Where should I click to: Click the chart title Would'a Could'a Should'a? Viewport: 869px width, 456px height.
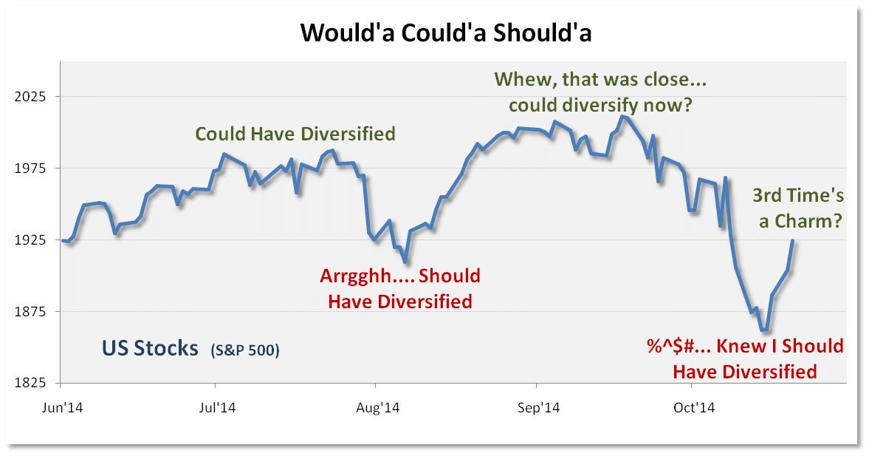coord(446,33)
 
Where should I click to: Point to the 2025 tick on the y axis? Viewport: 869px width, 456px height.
coord(30,97)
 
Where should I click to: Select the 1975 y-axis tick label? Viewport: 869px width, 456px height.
coord(30,168)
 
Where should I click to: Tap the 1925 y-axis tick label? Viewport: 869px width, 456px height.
coord(30,239)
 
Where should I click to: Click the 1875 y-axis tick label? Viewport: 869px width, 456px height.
coord(30,311)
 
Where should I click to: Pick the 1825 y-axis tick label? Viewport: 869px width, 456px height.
coord(30,383)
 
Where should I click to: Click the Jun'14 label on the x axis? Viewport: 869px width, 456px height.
coord(63,408)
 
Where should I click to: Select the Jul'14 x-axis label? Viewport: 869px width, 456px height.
coord(216,408)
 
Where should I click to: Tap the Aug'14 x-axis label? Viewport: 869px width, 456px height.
coord(377,408)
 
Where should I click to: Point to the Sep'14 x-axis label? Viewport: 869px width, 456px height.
coord(538,408)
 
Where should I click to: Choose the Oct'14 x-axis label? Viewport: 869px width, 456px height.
coord(694,408)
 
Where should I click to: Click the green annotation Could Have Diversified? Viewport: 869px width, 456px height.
coord(295,134)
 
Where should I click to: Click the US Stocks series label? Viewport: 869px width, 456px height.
coord(150,348)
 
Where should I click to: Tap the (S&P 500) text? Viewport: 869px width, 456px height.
coord(245,350)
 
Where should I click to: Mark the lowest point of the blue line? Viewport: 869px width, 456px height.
coord(764,330)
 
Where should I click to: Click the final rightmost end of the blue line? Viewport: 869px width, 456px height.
coord(793,240)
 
